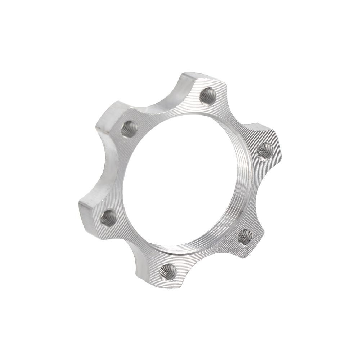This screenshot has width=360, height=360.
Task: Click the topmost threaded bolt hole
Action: click(x=208, y=96)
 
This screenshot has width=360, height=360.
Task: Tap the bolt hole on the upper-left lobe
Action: click(x=129, y=129)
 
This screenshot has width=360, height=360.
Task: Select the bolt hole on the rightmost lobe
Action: click(x=265, y=150)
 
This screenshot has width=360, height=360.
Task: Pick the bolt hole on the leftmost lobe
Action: click(x=108, y=218)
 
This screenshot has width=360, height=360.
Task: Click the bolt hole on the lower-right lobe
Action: click(x=245, y=237)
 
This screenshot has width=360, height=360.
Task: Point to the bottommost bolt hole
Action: click(x=168, y=271)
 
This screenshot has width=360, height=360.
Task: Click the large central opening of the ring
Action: click(x=180, y=180)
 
